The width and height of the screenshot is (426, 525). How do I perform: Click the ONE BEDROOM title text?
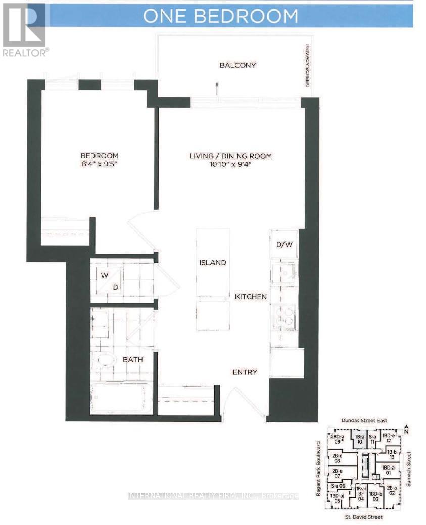click(220, 16)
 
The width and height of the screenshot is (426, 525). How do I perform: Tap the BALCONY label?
click(238, 65)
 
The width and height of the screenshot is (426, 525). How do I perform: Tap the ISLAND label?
click(212, 263)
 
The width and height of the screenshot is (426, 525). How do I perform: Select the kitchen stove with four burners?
click(284, 317)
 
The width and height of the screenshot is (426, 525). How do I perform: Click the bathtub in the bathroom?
click(121, 398)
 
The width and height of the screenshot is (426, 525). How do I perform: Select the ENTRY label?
click(245, 372)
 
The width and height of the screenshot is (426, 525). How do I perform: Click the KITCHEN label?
click(251, 297)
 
